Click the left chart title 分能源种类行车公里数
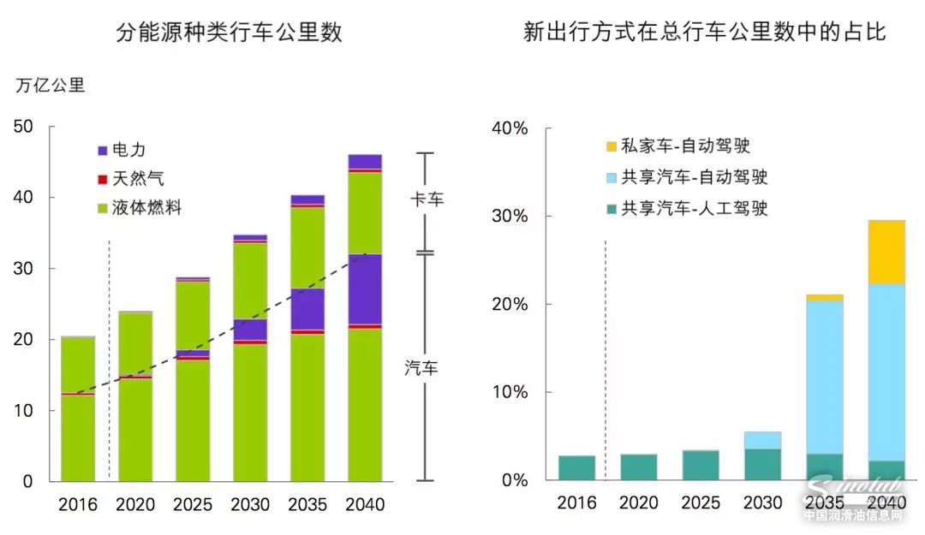pyautogui.click(x=229, y=33)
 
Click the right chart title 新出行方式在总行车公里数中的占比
pyautogui.click(x=704, y=33)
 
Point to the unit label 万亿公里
pyautogui.click(x=51, y=86)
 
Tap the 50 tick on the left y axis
pyautogui.click(x=23, y=127)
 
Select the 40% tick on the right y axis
pyautogui.click(x=510, y=128)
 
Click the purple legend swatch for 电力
pyautogui.click(x=103, y=150)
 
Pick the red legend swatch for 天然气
pyautogui.click(x=103, y=179)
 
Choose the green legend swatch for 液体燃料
pyautogui.click(x=103, y=208)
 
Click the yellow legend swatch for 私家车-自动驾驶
pyautogui.click(x=611, y=147)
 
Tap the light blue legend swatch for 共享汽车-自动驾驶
pyautogui.click(x=611, y=178)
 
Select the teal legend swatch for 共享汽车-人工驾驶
pyautogui.click(x=611, y=208)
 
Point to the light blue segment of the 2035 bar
pyautogui.click(x=824, y=377)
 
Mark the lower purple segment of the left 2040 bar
pyautogui.click(x=365, y=288)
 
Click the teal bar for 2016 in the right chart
pyautogui.click(x=576, y=467)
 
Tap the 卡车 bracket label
pyautogui.click(x=425, y=199)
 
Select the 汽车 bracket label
pyautogui.click(x=421, y=369)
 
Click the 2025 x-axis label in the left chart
pyautogui.click(x=193, y=504)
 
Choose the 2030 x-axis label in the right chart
pyautogui.click(x=762, y=504)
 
